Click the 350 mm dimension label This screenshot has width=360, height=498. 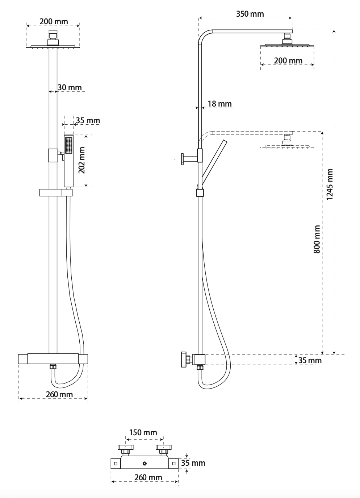coord(250,14)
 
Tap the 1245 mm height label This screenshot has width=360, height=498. coord(330,184)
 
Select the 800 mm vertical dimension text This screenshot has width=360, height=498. coord(317,239)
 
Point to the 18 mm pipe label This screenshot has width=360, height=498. coord(219,104)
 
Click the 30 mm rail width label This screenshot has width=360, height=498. coord(70,87)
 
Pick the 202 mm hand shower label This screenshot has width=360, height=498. coord(81,160)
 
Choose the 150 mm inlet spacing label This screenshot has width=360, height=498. coord(143,432)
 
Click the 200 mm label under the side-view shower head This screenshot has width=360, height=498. coord(288,61)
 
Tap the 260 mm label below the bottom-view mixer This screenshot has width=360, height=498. coord(148,477)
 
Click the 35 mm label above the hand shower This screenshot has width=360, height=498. coord(88,120)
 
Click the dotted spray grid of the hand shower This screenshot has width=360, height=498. coord(69,145)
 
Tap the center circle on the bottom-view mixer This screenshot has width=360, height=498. coord(145,463)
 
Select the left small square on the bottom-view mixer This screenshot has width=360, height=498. coord(116,464)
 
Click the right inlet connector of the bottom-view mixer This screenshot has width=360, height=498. coord(164,449)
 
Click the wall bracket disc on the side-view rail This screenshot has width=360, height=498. coord(183,159)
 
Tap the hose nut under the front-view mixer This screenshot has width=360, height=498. coord(53,366)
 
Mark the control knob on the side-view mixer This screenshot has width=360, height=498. coord(184,360)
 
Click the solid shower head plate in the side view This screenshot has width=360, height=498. coord(287,46)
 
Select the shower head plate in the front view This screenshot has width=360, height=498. coord(53,46)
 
